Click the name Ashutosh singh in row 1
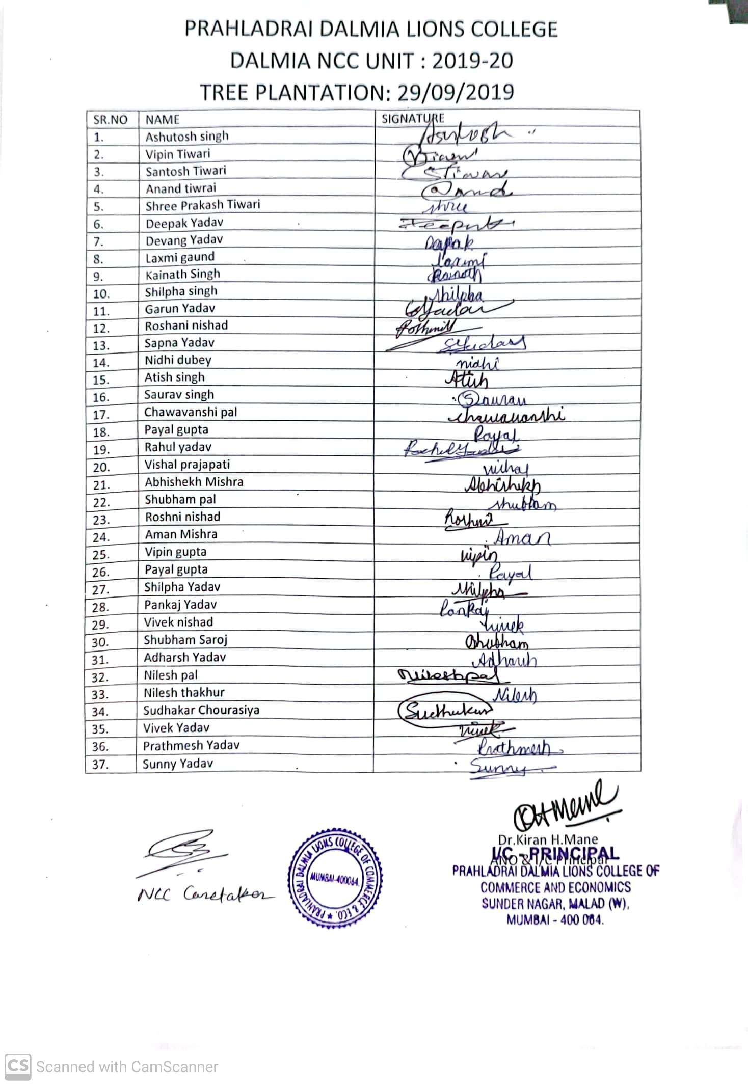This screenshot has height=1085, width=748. (186, 137)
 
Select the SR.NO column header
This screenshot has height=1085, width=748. (110, 120)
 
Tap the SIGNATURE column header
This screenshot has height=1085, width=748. (413, 119)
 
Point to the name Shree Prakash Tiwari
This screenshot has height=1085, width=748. (202, 205)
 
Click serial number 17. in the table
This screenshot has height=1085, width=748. (101, 415)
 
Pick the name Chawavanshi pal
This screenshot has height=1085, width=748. (190, 412)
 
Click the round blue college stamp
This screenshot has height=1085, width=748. (335, 877)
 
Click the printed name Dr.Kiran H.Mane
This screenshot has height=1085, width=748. (548, 839)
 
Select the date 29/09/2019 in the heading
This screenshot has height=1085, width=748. (455, 92)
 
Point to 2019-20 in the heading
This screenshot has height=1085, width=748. (472, 61)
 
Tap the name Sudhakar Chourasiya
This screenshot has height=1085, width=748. (201, 710)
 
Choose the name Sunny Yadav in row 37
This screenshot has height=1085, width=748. (178, 764)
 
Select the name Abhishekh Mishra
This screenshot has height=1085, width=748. (194, 482)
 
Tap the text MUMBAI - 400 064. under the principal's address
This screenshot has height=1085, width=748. (555, 920)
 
